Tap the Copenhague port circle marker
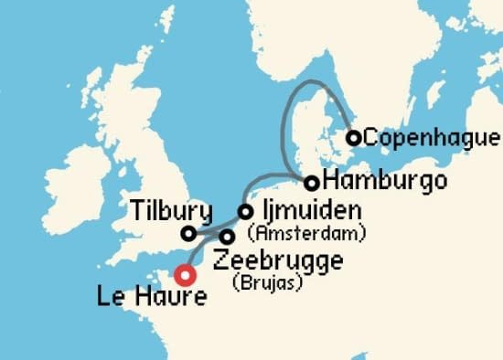pyautogui.click(x=353, y=138)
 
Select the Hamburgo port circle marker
pyautogui.click(x=312, y=182)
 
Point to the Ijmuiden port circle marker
pyautogui.click(x=245, y=211)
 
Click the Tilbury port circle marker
pyautogui.click(x=188, y=233)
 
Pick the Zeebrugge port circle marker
pyautogui.click(x=227, y=237)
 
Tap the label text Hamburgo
pyautogui.click(x=379, y=178)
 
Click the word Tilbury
pyautogui.click(x=171, y=209)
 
